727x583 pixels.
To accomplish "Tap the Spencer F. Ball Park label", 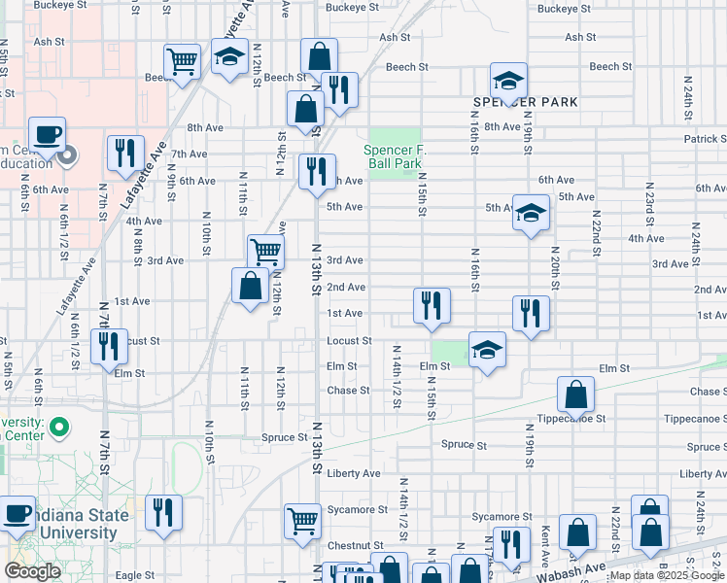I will [393, 156].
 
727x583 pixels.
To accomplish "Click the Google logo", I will [33, 571].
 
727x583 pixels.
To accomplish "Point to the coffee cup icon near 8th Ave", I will [46, 134].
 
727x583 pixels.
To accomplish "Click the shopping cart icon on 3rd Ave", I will [264, 252].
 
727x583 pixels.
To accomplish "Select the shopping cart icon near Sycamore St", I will [302, 520].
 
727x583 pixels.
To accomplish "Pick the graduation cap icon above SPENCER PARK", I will [507, 81].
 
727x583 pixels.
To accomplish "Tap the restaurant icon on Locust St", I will [109, 346].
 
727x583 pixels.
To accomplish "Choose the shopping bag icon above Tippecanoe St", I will [575, 394].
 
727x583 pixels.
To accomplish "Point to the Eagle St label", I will [135, 575].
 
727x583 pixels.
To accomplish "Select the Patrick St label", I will [705, 139].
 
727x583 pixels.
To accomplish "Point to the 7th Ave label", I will [190, 154].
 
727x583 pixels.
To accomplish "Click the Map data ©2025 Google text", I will [667, 575].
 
